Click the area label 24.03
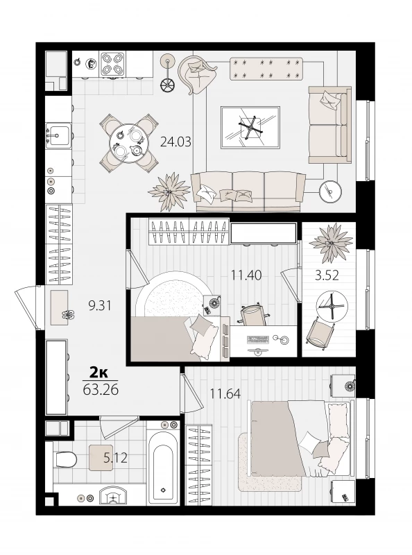(x=175, y=142)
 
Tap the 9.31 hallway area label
(x=100, y=305)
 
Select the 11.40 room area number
(x=246, y=275)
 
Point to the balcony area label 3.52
(x=327, y=275)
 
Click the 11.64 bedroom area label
(x=225, y=393)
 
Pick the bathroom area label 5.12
(x=115, y=459)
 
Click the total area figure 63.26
(x=101, y=390)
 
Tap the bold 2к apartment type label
(x=98, y=373)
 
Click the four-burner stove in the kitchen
(x=112, y=64)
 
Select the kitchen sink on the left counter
(x=59, y=135)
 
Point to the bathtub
(x=163, y=466)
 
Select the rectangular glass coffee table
(x=250, y=128)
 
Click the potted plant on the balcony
(x=331, y=241)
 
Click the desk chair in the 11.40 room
(x=252, y=314)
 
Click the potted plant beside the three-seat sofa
(x=169, y=191)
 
